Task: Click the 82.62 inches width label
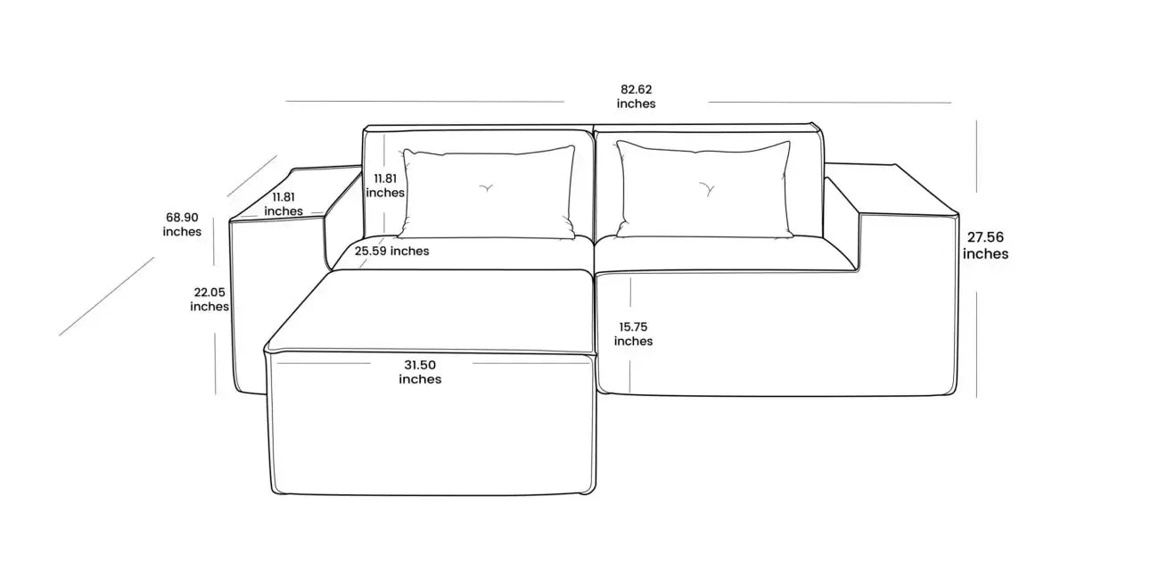(636, 97)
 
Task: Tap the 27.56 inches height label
(985, 245)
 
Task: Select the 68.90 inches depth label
(182, 224)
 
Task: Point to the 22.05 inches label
(209, 299)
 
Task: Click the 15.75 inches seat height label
(633, 334)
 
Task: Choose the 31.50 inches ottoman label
(420, 372)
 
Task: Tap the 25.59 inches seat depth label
(391, 251)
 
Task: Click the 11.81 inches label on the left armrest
(283, 204)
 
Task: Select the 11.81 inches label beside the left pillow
(385, 186)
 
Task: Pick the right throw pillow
(703, 189)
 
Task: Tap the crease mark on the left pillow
(486, 188)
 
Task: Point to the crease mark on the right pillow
(707, 189)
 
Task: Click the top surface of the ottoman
(430, 310)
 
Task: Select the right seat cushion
(724, 254)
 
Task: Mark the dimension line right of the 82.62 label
(829, 102)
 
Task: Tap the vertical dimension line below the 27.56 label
(976, 344)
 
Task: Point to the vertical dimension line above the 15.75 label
(630, 292)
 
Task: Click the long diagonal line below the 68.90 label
(107, 296)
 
